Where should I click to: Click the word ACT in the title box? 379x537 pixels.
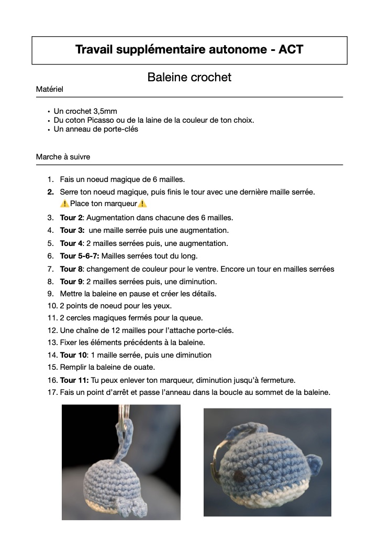[x=291, y=50]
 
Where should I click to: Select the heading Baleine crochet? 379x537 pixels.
[x=189, y=77]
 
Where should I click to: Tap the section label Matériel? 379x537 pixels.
[x=50, y=89]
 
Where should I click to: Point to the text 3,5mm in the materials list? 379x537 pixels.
[x=105, y=111]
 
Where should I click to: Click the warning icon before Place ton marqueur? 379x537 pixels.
[x=64, y=204]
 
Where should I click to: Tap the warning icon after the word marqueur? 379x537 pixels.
[x=143, y=204]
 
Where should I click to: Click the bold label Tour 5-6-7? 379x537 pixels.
[x=80, y=256]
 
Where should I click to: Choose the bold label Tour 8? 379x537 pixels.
[x=72, y=269]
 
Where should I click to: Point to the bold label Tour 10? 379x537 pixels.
[x=74, y=355]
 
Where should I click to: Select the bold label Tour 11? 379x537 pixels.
[x=74, y=380]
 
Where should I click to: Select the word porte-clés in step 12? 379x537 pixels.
[x=214, y=330]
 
